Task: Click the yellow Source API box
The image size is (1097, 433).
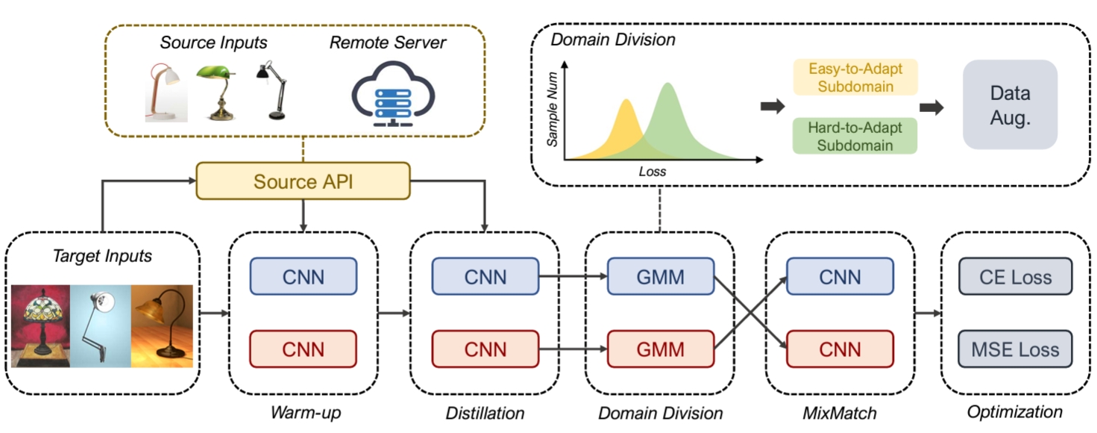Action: [303, 181]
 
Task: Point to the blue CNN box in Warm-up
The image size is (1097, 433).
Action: [303, 278]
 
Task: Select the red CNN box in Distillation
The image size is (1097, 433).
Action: [485, 349]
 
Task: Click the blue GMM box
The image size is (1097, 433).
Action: [661, 278]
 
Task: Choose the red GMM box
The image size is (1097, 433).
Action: [661, 349]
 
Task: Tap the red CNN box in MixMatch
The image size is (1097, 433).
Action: [840, 349]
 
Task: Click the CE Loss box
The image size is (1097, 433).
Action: [1016, 278]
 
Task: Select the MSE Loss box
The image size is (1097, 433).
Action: [1016, 349]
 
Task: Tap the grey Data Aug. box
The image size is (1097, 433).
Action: [1010, 104]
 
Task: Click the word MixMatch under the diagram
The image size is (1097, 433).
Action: [840, 412]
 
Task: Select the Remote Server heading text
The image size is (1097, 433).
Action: [388, 43]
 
